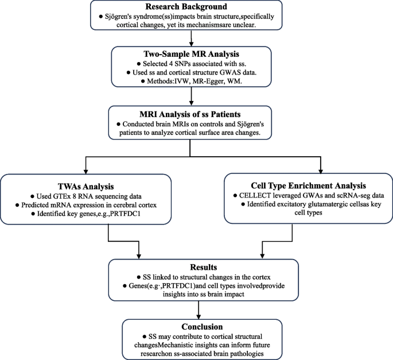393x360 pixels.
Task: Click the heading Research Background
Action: [197, 7]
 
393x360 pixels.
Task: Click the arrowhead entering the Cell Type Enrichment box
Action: [321, 170]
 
